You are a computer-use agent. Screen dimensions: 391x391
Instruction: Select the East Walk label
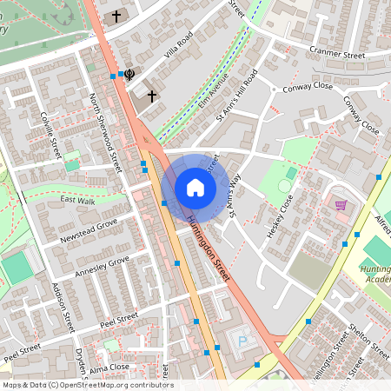click(x=77, y=201)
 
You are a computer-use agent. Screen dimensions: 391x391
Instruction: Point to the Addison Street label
click(x=63, y=308)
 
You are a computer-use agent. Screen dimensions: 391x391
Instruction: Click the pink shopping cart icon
click(x=341, y=206)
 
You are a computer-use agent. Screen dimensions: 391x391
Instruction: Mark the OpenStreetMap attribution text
click(x=87, y=385)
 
